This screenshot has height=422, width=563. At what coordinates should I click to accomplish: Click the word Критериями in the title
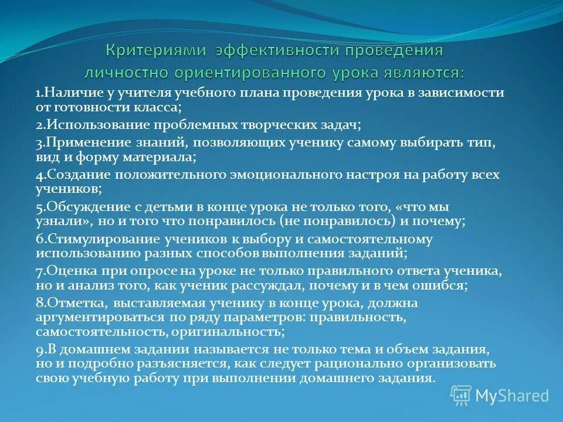(155, 50)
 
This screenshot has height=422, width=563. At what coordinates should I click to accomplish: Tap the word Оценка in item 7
(64, 271)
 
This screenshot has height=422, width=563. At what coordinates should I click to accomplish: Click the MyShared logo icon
(461, 395)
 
